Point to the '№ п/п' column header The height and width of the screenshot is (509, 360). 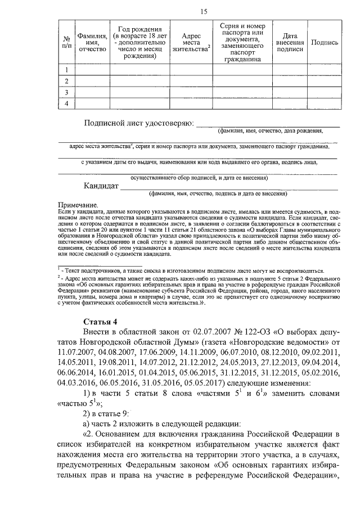[x=66, y=43]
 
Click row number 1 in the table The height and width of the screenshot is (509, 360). [x=66, y=70]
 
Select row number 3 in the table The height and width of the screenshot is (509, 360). [x=66, y=92]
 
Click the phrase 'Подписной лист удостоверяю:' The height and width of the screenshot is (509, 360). [x=138, y=123]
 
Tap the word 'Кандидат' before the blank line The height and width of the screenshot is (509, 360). [x=101, y=186]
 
